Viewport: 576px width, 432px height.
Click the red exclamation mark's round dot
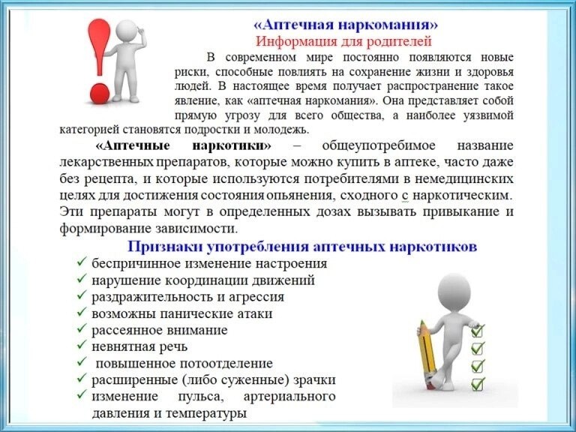100,93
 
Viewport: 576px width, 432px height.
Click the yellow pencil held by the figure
427,354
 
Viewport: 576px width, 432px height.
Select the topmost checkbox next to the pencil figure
478,331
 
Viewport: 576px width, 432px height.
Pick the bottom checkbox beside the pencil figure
478,384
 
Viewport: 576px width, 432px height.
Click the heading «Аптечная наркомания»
346,25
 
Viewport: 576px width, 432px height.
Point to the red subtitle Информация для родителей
343,41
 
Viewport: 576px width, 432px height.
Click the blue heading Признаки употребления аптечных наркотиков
302,247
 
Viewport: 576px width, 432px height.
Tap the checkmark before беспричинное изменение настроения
82,262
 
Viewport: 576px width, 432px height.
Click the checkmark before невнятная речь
82,345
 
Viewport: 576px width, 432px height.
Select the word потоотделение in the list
226,363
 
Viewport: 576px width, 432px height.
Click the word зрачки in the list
314,379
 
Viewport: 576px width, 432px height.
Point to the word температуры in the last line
206,414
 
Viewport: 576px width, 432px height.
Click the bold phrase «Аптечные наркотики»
183,145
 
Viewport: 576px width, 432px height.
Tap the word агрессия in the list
256,297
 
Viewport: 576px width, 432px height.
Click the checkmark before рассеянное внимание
82,328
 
